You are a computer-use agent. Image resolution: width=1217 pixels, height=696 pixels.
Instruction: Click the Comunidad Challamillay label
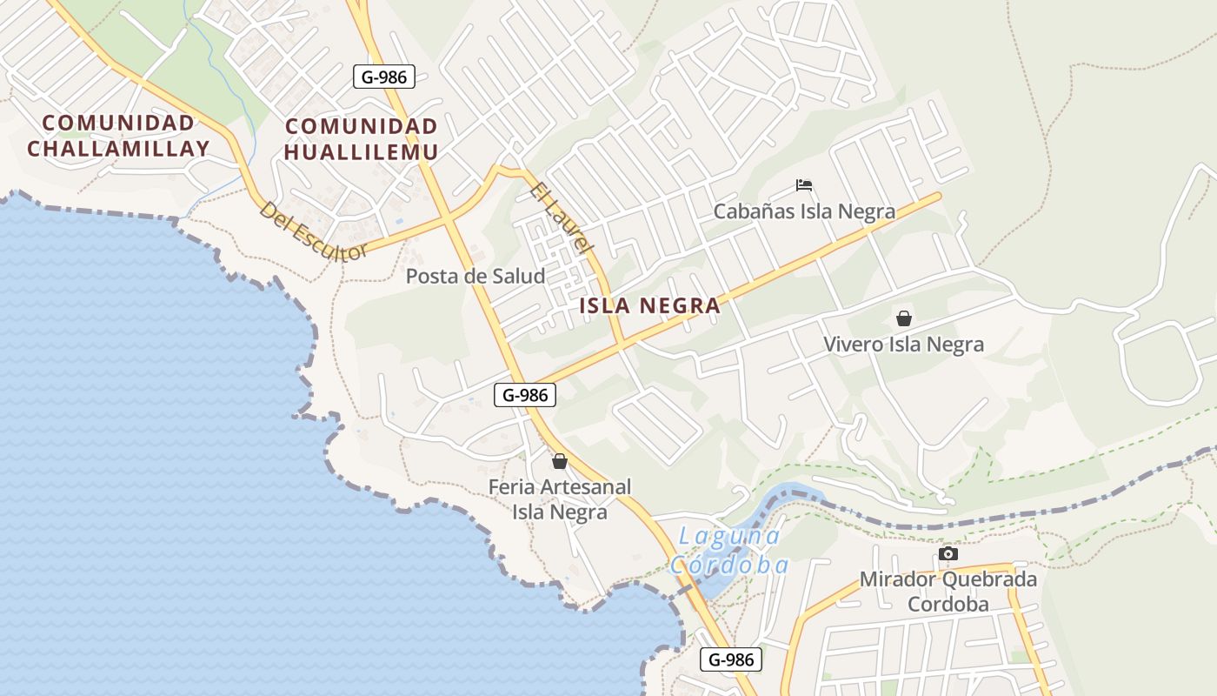118,136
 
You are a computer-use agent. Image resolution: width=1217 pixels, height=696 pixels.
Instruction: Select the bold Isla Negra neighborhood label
650,306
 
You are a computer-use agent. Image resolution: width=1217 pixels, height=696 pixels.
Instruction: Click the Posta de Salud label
475,277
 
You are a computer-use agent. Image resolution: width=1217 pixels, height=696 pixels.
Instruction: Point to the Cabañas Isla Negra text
804,211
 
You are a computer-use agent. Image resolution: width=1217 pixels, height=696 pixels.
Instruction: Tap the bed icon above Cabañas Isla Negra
804,185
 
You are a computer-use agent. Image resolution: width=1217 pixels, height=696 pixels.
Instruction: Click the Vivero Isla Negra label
904,345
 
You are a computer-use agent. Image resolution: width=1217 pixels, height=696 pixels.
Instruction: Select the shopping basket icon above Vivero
904,318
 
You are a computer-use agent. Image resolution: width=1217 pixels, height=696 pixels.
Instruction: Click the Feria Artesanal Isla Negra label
560,499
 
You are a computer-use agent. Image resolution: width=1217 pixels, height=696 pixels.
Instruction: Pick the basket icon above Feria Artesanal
560,461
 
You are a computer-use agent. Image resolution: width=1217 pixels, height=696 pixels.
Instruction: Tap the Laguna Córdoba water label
728,550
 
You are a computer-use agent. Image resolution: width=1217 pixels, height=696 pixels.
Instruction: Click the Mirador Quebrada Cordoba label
948,592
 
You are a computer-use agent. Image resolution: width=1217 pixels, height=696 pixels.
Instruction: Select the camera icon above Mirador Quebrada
948,554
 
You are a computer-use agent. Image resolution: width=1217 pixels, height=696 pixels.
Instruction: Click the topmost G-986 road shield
384,77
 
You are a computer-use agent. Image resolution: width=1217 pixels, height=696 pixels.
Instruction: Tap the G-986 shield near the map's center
525,395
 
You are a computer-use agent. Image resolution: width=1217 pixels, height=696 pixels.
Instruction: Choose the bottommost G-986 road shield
731,659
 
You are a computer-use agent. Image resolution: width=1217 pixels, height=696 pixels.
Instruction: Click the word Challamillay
118,149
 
